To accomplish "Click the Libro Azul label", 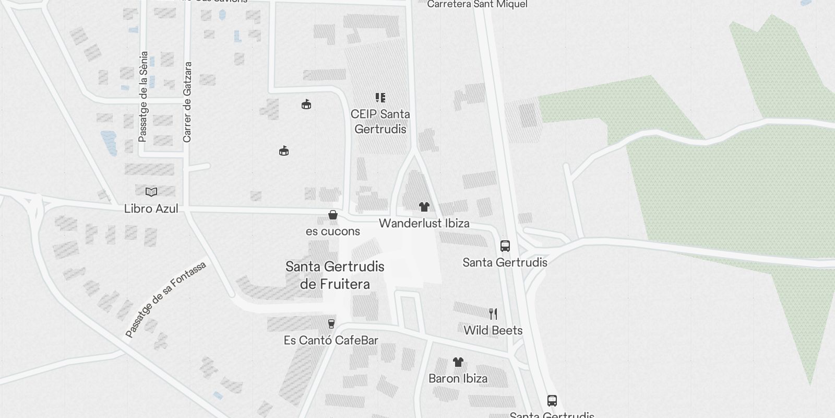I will tap(151, 208).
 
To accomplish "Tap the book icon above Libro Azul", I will tap(151, 192).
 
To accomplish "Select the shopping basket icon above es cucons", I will tap(333, 215).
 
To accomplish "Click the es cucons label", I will tap(333, 231).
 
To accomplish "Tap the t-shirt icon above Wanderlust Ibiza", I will tap(424, 207).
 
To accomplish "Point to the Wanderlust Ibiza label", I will tap(424, 223).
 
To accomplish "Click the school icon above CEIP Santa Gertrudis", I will tap(380, 98).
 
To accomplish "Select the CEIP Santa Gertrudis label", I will tap(380, 121).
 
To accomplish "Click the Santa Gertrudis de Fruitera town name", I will tap(335, 275).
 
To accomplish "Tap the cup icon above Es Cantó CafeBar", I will tap(331, 324).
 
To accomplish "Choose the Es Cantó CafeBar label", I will tap(331, 340).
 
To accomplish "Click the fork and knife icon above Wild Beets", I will tap(493, 313).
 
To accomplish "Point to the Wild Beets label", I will tap(493, 330).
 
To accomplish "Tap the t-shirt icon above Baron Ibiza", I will tap(458, 362).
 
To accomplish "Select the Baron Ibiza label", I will tap(458, 378).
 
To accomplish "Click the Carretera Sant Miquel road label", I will tap(477, 5).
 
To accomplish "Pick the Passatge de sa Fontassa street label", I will tap(166, 299).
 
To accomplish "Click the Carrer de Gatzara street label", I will tap(187, 102).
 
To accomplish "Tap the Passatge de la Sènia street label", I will tap(144, 97).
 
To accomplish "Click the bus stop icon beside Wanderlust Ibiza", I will tap(505, 246).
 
